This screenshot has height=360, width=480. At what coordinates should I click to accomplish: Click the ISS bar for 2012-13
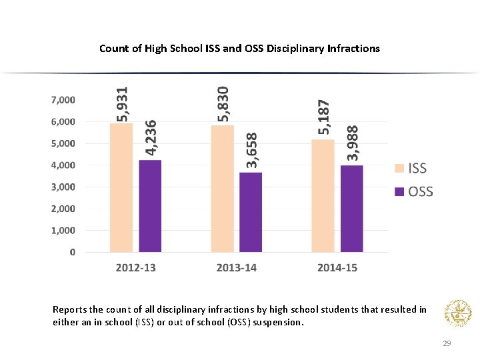pos(122,188)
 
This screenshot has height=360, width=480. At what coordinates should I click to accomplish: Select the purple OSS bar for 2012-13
pos(150,206)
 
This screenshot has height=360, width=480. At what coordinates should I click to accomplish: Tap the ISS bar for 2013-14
pos(223,189)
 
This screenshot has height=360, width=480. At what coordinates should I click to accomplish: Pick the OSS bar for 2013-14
pos(251,212)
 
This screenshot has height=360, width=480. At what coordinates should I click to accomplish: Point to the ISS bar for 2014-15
pos(323,196)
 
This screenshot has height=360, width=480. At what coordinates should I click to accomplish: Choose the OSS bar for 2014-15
pos(351,209)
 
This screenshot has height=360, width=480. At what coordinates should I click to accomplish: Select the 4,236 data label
pos(151,138)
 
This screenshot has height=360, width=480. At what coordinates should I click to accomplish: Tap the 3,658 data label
pos(251,149)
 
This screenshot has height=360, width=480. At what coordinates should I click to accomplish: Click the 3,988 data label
pos(352,143)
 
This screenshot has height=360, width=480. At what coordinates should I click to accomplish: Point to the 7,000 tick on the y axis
pos(63,100)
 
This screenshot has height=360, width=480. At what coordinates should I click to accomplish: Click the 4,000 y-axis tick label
pos(63,165)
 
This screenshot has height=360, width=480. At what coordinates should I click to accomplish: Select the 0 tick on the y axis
pos(72,252)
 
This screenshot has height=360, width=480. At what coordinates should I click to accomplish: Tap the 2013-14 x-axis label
pos(236,268)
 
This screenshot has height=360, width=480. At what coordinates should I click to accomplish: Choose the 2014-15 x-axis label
pos(337,268)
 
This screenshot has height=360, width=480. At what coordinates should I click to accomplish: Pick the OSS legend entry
pos(414,192)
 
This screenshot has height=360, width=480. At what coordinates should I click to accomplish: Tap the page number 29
pos(447,343)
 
